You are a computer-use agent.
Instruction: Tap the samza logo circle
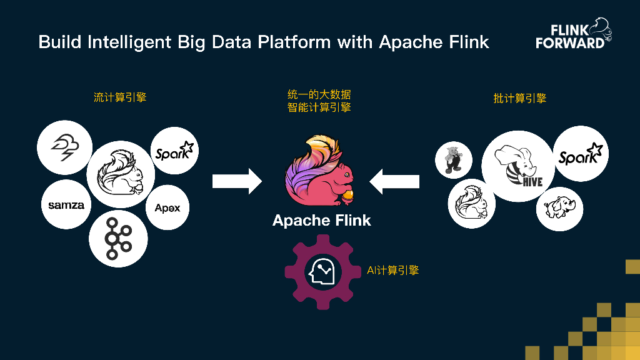(66, 205)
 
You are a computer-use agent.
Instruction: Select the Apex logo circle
(167, 208)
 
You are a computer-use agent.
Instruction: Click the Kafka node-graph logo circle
(118, 238)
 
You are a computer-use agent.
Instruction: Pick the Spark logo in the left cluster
(175, 151)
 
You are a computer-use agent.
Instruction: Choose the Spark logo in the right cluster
(581, 154)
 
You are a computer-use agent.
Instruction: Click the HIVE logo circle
(517, 166)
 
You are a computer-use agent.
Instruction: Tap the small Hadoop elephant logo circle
(559, 207)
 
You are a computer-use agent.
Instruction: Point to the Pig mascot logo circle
(452, 159)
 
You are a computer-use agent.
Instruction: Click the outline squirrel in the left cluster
(121, 174)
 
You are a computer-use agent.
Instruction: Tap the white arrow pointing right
(237, 181)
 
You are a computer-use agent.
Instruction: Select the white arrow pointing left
(394, 181)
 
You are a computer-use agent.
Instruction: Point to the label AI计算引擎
(392, 271)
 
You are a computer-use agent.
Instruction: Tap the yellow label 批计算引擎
(519, 98)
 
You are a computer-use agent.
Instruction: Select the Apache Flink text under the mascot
(321, 220)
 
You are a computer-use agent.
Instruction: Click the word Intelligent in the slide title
(129, 42)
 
